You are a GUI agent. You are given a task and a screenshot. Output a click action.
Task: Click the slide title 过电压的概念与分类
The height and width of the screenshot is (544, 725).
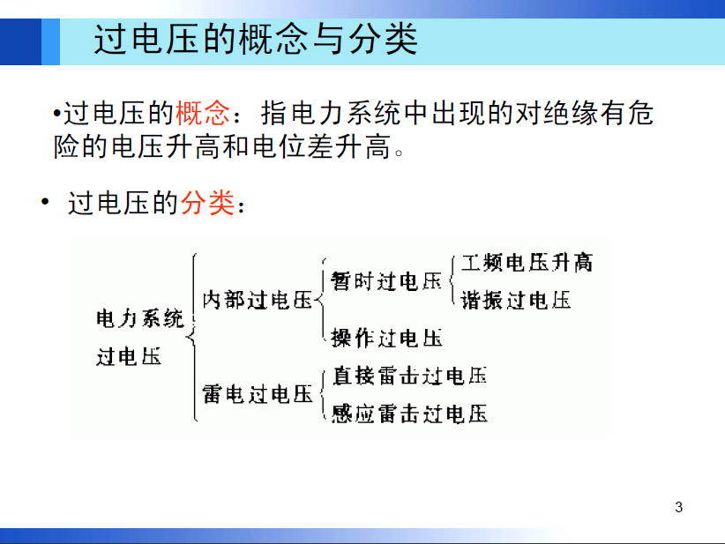[x=256, y=40]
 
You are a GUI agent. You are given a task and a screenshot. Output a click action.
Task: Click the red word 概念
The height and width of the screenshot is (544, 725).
[x=203, y=113]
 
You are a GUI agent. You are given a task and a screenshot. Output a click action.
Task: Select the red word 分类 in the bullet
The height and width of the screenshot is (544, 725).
[x=207, y=203]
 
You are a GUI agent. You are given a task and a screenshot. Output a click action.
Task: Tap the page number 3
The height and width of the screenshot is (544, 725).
[x=678, y=507]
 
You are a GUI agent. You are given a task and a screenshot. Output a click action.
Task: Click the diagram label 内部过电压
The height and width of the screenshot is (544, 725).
[x=258, y=300]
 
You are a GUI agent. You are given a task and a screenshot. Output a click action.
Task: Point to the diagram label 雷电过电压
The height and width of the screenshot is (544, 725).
[x=258, y=394]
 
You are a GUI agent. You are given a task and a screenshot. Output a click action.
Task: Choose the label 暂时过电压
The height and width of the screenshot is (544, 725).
[x=386, y=281]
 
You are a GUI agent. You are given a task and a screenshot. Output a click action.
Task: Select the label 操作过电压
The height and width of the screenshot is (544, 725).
[x=386, y=338]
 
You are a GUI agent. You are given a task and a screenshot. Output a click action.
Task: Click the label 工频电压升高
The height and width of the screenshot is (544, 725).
[x=527, y=262]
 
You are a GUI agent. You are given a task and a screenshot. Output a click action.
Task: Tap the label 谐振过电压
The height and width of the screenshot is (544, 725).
[x=516, y=300]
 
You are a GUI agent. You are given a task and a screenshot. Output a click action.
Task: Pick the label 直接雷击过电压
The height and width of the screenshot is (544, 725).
[x=409, y=376]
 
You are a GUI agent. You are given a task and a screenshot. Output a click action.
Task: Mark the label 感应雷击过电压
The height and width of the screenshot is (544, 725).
[x=409, y=414]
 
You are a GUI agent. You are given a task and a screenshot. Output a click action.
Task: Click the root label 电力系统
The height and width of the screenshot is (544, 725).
[x=140, y=319]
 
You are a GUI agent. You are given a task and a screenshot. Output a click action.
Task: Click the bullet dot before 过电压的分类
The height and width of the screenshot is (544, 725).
[x=45, y=202]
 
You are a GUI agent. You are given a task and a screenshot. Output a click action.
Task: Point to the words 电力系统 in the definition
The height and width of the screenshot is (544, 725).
[x=348, y=113]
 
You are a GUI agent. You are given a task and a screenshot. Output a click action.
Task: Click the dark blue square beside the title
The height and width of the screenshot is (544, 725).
[x=21, y=41]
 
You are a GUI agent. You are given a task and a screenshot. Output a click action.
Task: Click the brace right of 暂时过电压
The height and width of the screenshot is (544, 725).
[x=452, y=280]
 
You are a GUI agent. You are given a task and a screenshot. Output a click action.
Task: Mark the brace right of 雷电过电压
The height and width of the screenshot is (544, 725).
[x=323, y=394]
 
